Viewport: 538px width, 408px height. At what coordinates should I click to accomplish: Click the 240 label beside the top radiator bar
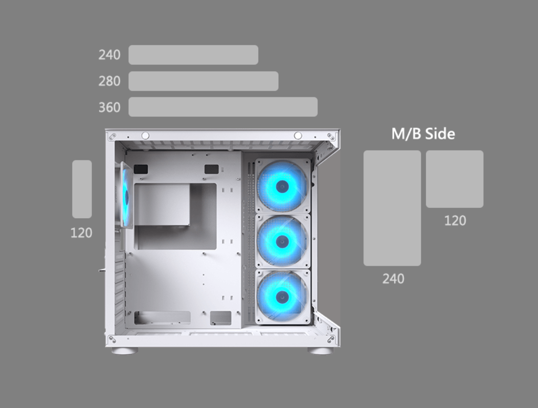(110, 55)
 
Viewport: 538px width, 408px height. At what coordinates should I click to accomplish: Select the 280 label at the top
(110, 81)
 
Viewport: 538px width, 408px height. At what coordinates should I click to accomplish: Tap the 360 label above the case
(110, 108)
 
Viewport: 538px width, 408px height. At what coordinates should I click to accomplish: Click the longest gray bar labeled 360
(223, 107)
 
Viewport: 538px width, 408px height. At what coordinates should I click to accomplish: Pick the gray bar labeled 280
(203, 81)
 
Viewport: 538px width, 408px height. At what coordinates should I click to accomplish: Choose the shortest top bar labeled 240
(194, 55)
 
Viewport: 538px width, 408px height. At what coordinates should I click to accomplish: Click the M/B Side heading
(424, 134)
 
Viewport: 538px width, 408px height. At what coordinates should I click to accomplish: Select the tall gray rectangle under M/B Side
(392, 208)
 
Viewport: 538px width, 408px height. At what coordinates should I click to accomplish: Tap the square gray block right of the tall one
(455, 179)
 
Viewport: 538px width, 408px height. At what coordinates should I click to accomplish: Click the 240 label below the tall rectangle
(393, 279)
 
